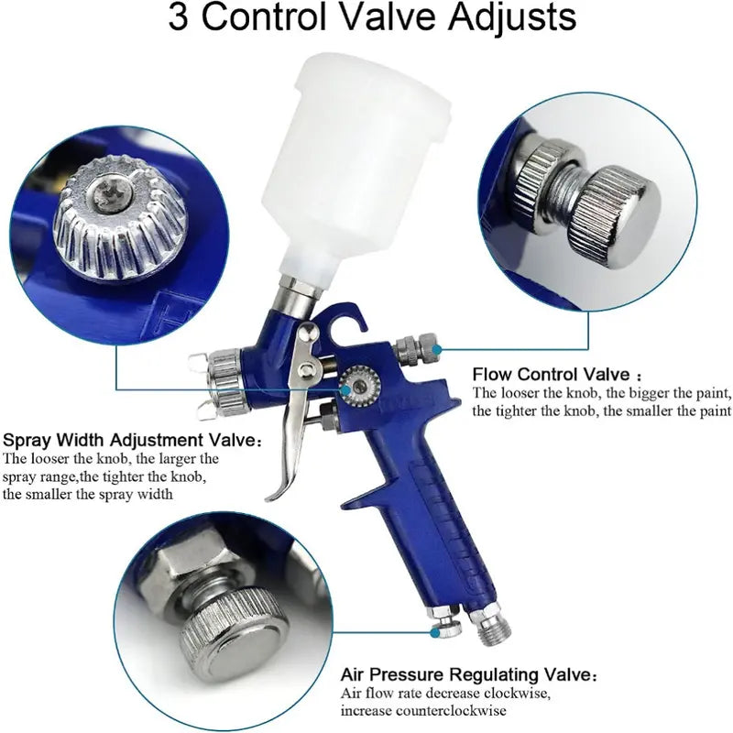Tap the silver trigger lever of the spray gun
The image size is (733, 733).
pos(294,411)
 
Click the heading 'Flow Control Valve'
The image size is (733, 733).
pos(552,375)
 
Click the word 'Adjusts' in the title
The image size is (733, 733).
pos(512,17)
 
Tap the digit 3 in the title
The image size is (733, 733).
pos(178,17)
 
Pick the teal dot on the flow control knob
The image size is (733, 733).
pos(437,349)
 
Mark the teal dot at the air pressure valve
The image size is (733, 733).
pos(435,633)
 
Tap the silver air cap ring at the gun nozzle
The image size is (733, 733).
pos(229,380)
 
